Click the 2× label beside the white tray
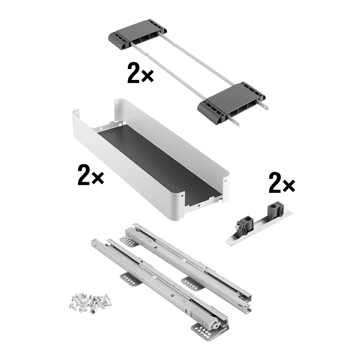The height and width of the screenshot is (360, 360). click(91, 175)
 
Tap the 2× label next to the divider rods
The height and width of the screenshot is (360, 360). click(140, 73)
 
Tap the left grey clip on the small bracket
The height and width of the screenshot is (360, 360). click(245, 226)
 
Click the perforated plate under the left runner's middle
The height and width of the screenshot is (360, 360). click(130, 279)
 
